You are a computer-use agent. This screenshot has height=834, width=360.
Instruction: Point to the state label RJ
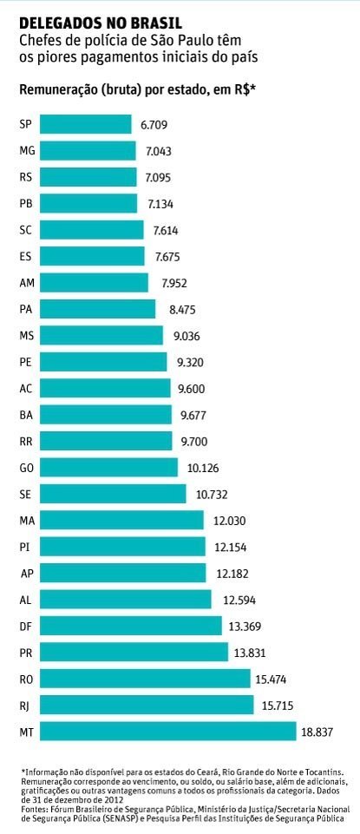(x=25, y=706)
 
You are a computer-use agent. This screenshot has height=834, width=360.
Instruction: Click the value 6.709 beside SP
(x=157, y=125)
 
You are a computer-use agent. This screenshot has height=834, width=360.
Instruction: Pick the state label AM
(x=26, y=283)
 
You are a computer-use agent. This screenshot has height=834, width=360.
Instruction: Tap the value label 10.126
(x=205, y=469)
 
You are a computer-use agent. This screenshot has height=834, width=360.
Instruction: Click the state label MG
(x=26, y=151)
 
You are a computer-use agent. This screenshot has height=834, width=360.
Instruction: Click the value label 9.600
(x=193, y=389)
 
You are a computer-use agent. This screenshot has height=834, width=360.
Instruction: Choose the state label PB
(x=26, y=204)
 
